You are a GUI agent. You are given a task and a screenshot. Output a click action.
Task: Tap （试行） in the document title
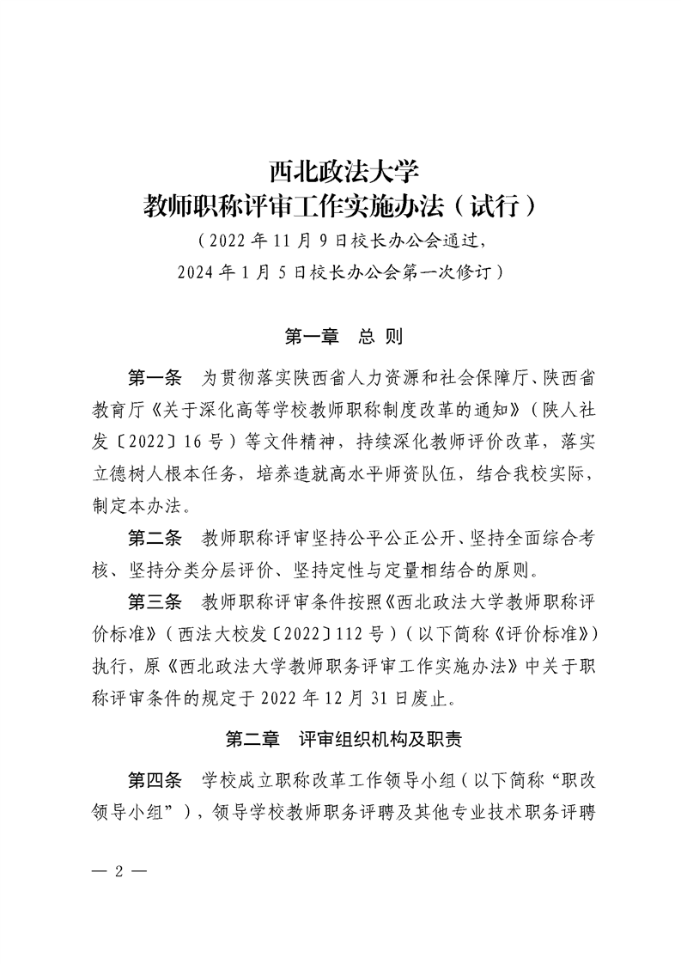[497, 206]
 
